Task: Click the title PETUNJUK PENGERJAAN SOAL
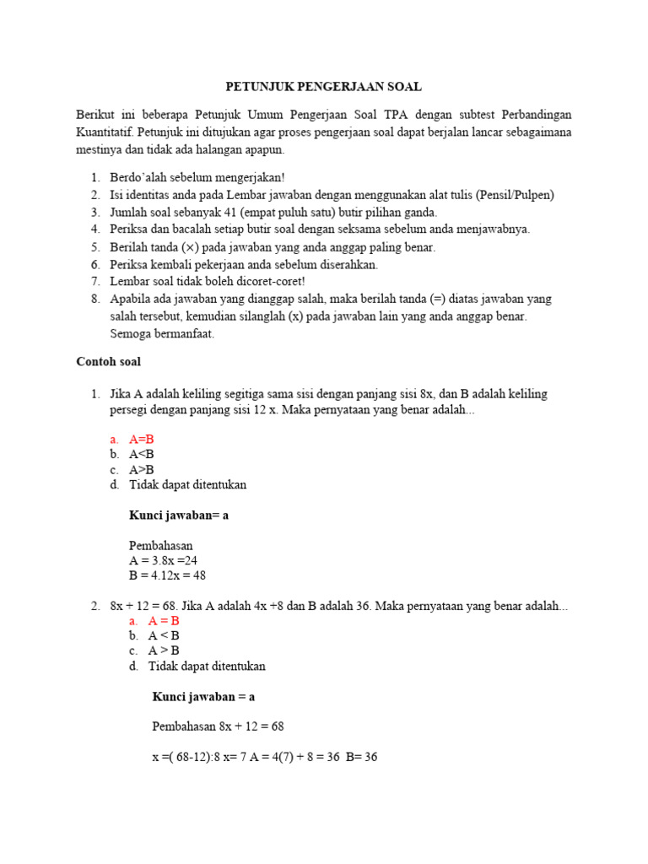[323, 87]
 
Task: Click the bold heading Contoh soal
[108, 362]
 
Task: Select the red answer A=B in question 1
[142, 440]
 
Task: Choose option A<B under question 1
[142, 455]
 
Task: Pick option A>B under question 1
[142, 470]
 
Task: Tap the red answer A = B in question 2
[165, 620]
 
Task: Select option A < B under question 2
[164, 635]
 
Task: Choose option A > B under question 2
[164, 651]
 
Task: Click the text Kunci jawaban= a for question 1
[179, 516]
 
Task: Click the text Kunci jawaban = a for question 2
[203, 696]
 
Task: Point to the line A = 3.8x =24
[164, 560]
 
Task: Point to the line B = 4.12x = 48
[168, 575]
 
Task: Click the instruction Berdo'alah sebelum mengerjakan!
[197, 178]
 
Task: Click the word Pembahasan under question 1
[161, 545]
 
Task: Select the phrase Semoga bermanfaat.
[162, 333]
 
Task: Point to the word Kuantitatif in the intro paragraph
[105, 132]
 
